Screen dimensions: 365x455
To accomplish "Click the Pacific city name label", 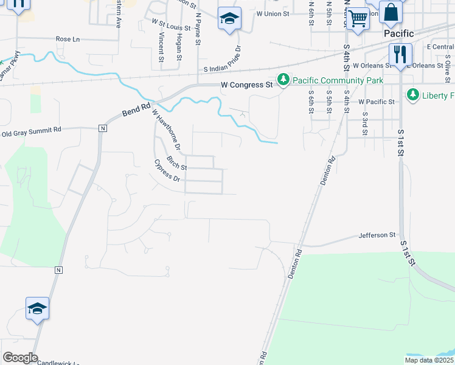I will (399, 33).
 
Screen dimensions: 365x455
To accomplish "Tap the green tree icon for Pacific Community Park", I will (283, 80).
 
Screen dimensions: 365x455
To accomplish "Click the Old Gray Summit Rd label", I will (32, 131).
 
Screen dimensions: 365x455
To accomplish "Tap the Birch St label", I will (176, 166).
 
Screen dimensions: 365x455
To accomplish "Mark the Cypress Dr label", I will (167, 171).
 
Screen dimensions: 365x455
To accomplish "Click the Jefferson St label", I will (377, 235).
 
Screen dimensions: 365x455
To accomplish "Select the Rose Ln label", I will (68, 39).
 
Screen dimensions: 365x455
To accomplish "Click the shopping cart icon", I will (358, 18).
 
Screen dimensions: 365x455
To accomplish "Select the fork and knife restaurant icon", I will (400, 54).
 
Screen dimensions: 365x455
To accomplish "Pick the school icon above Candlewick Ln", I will (37, 308).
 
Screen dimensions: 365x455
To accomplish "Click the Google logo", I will (20, 358).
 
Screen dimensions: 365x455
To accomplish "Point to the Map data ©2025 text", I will (428, 360).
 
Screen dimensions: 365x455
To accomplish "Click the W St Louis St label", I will (172, 27).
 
